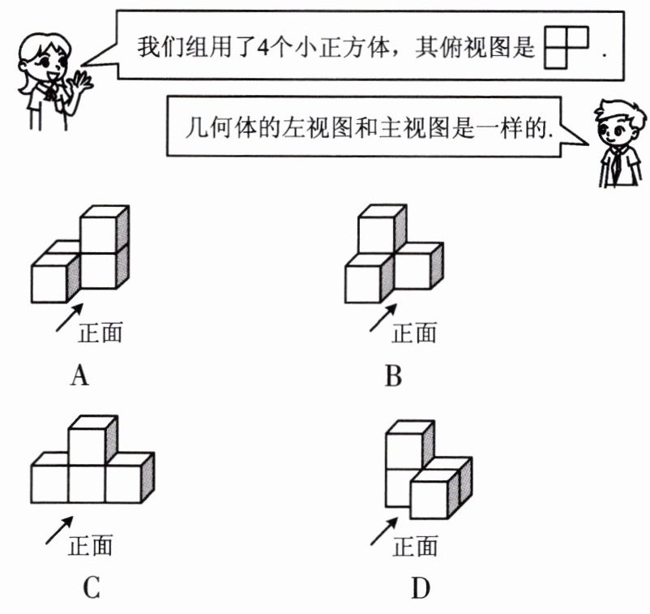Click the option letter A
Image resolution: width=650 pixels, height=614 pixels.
click(79, 376)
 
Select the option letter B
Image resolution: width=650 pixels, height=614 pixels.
click(393, 376)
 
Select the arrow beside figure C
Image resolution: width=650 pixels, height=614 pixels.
click(58, 531)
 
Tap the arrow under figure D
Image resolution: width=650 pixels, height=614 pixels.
click(383, 532)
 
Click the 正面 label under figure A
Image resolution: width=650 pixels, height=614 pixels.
click(100, 332)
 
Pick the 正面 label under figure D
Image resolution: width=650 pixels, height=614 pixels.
click(415, 546)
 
